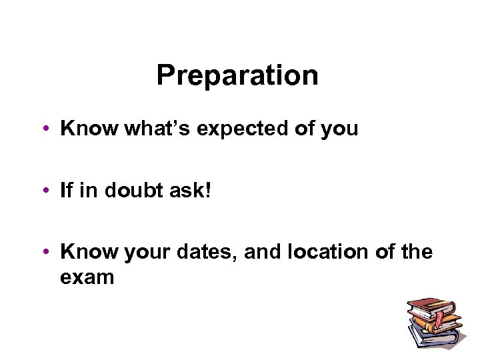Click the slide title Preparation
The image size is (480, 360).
(x=237, y=76)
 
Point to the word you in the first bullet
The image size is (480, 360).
(x=339, y=129)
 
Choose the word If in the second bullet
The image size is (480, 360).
(x=66, y=191)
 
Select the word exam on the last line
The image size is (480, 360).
(x=87, y=276)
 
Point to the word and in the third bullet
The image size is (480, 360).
(x=264, y=253)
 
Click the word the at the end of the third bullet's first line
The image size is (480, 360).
(x=417, y=253)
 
